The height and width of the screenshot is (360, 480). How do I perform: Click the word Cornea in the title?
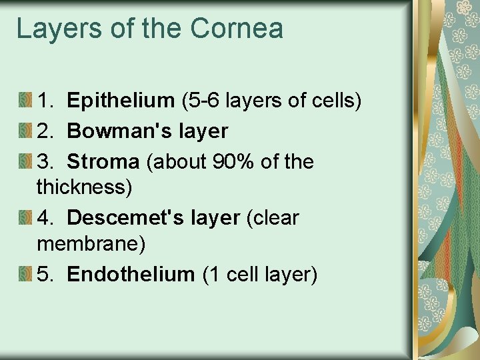[237, 29]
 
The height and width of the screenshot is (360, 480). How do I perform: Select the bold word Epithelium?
[121, 101]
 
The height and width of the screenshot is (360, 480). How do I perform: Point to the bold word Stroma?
[103, 162]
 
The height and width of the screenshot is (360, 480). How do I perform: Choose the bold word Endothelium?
[131, 274]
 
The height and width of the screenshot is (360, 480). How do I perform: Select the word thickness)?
[85, 187]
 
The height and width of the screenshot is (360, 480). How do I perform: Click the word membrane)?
[91, 244]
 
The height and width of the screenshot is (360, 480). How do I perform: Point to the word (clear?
[273, 218]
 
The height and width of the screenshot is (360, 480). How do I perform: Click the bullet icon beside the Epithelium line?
[25, 101]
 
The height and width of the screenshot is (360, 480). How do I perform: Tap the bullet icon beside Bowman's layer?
[25, 131]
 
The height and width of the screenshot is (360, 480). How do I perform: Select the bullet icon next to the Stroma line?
[25, 162]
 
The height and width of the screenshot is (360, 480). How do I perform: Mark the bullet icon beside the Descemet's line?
[25, 218]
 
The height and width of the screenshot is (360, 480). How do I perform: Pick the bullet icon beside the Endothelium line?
[25, 274]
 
